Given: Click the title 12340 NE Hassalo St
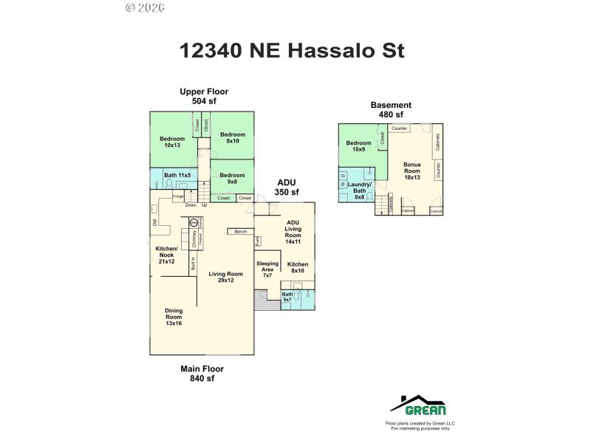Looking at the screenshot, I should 292,51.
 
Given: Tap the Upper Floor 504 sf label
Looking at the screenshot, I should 204,96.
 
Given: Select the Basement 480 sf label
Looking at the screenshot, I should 391,109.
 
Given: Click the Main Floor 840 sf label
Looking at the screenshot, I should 202,373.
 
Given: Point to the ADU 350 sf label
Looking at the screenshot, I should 287,187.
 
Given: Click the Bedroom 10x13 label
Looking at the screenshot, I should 172,142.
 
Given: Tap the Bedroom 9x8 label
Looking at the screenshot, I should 232,178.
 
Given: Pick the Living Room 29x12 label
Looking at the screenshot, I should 225,277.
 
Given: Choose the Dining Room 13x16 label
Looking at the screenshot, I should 174,317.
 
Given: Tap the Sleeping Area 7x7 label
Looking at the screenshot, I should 267,269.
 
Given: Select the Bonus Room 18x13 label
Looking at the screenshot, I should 411,171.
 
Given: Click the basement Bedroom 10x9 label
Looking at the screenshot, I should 358,146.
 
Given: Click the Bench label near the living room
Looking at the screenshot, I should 241,232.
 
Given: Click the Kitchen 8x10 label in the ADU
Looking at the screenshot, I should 298,267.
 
